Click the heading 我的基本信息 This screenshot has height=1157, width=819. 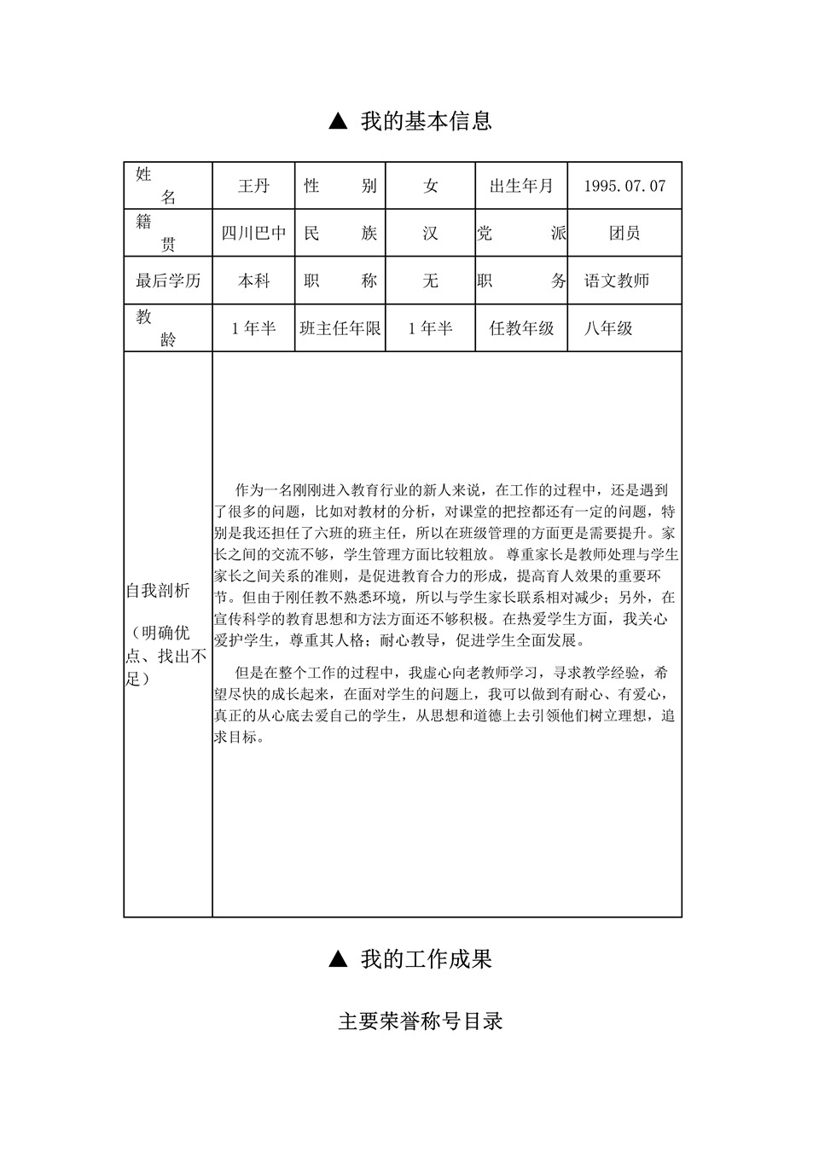click(x=426, y=121)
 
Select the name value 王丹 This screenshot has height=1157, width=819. click(x=253, y=186)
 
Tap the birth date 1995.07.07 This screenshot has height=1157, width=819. click(x=624, y=186)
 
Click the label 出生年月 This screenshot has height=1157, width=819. click(x=521, y=186)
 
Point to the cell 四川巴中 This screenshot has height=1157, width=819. click(x=253, y=233)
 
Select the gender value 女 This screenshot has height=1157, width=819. click(x=430, y=186)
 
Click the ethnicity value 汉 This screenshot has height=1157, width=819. click(x=430, y=233)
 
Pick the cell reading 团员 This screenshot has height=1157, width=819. click(x=624, y=233)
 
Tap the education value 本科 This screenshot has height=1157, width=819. click(x=253, y=281)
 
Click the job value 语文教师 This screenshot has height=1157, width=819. click(x=616, y=281)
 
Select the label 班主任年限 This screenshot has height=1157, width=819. click(x=340, y=328)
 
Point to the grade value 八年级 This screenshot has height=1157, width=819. click(x=608, y=328)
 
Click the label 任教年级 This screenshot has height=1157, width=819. click(x=521, y=328)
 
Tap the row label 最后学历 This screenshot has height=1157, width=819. click(x=168, y=281)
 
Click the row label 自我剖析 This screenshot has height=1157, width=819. click(x=158, y=591)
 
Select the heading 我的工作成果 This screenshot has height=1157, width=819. click(x=426, y=959)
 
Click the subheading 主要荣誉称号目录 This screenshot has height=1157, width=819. click(x=421, y=1021)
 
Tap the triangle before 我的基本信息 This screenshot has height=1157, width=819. click(x=338, y=122)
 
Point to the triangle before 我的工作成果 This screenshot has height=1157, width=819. click(x=338, y=960)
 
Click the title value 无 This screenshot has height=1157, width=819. click(x=430, y=281)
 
